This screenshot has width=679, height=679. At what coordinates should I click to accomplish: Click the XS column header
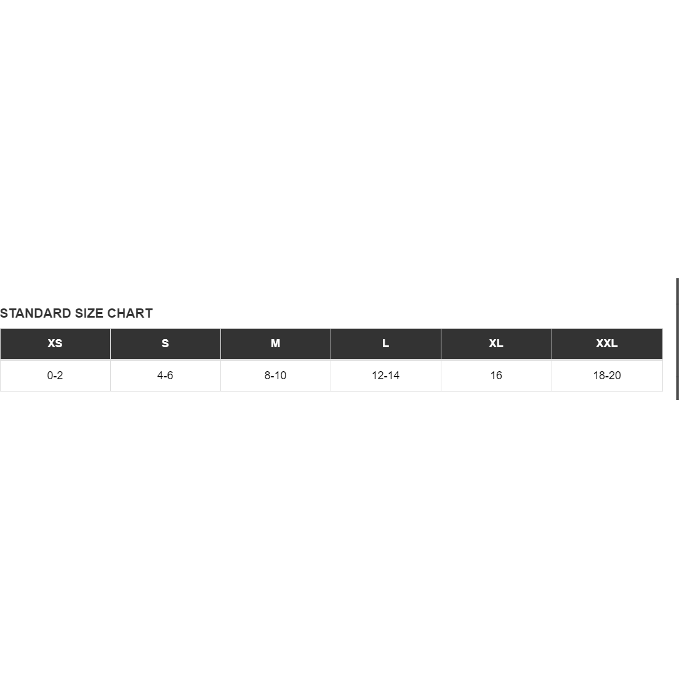pyautogui.click(x=55, y=344)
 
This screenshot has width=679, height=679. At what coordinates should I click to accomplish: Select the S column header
pyautogui.click(x=166, y=344)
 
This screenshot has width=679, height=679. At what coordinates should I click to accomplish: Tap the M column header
pyautogui.click(x=275, y=344)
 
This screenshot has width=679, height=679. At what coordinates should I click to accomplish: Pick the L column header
pyautogui.click(x=386, y=344)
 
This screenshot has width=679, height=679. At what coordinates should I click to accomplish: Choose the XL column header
pyautogui.click(x=496, y=344)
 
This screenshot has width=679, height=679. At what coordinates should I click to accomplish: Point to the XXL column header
pyautogui.click(x=607, y=344)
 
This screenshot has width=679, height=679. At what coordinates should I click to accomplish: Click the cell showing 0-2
pyautogui.click(x=55, y=376)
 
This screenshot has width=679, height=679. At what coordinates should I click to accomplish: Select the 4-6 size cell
pyautogui.click(x=166, y=376)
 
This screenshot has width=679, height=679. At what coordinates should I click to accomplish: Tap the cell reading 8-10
pyautogui.click(x=275, y=376)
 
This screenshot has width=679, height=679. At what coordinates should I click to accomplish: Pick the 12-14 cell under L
pyautogui.click(x=386, y=376)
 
